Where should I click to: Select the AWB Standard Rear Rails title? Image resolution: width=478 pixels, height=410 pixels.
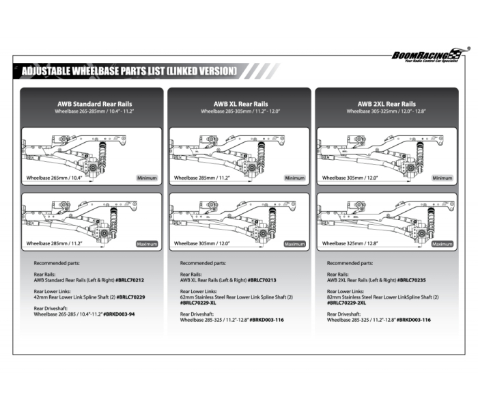pyautogui.click(x=94, y=104)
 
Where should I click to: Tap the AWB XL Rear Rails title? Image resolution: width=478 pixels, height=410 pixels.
pyautogui.click(x=240, y=104)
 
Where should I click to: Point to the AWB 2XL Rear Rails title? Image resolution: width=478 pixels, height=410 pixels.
pyautogui.click(x=386, y=104)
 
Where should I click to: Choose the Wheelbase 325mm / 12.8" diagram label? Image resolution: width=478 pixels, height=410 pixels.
pyautogui.click(x=350, y=243)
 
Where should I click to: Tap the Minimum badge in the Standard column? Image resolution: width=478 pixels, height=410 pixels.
pyautogui.click(x=146, y=178)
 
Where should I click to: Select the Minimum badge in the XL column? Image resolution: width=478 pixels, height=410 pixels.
pyautogui.click(x=294, y=178)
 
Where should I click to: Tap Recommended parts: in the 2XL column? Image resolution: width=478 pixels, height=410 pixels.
pyautogui.click(x=350, y=262)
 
